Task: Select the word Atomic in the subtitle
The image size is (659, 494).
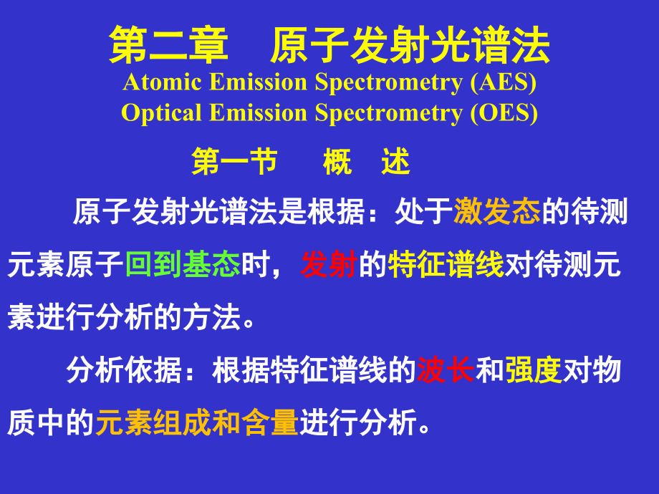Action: (x=164, y=82)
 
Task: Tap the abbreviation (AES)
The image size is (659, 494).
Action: (x=503, y=82)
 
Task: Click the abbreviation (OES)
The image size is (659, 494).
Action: (x=504, y=112)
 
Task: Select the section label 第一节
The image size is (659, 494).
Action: (x=234, y=163)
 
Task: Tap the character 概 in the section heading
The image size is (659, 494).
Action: (x=337, y=163)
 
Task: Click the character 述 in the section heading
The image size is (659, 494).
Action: (x=395, y=163)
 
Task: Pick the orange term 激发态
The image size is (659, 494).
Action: (x=496, y=213)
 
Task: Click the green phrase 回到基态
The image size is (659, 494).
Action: (x=183, y=265)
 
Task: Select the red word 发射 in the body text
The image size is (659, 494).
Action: (x=329, y=265)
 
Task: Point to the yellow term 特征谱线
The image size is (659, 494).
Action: (x=446, y=265)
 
